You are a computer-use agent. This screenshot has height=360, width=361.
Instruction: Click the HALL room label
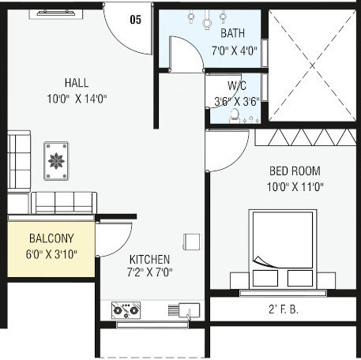(x=77, y=83)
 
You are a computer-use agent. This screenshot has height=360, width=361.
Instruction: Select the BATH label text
(x=232, y=34)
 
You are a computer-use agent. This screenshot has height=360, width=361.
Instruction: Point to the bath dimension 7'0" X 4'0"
(x=232, y=51)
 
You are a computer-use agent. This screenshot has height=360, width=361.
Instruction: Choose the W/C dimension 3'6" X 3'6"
(x=235, y=101)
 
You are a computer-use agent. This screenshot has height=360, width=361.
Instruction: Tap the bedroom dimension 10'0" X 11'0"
(x=296, y=187)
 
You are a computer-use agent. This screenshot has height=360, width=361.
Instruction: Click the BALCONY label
(x=51, y=238)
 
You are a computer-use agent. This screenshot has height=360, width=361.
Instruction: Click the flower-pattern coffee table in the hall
(x=56, y=161)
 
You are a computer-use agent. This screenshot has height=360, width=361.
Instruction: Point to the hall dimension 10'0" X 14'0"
(x=77, y=98)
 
